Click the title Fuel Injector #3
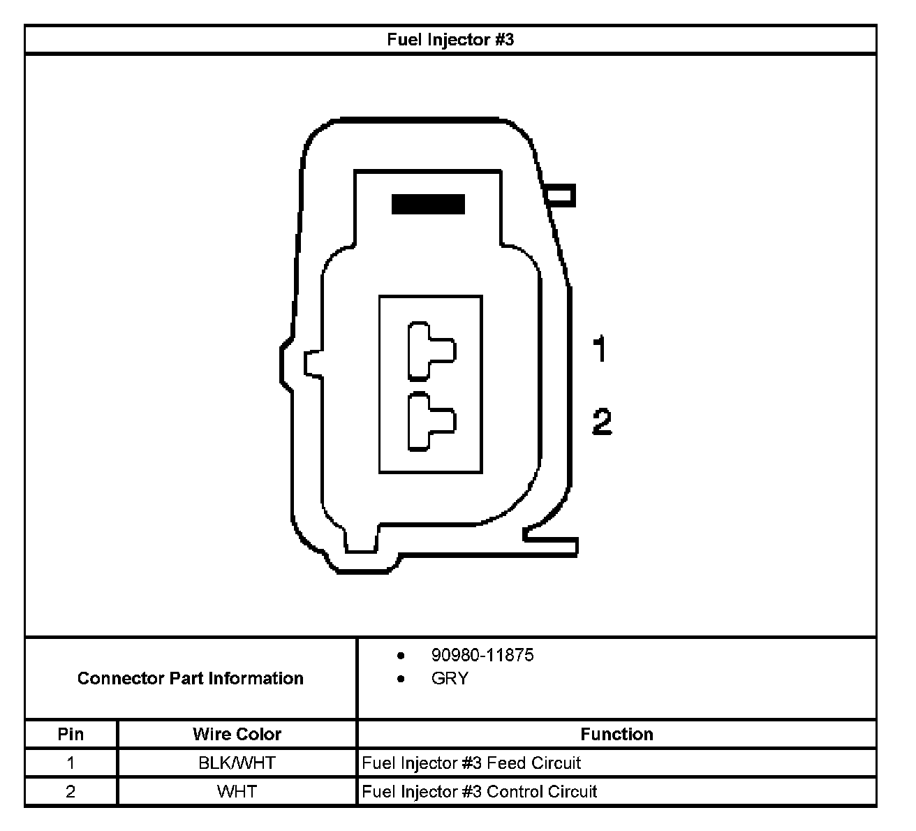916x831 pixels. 450,40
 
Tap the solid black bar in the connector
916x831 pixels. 428,204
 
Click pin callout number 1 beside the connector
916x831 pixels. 599,349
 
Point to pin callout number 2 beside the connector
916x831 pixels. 601,422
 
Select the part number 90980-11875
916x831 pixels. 482,655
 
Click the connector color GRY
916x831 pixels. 450,678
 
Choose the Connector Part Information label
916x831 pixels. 190,678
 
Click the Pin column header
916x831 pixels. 71,734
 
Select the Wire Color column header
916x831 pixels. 237,734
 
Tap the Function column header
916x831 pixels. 616,734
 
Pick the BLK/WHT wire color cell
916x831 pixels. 237,763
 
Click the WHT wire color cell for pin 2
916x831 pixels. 237,791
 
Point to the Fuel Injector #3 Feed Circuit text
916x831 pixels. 471,763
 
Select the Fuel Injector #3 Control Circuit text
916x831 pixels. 480,791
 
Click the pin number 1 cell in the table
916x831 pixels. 71,763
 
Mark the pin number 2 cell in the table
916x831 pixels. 71,791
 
